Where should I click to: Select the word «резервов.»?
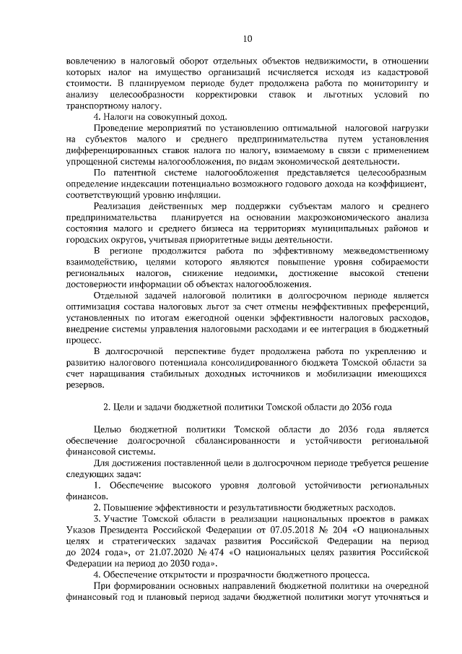[x=84, y=386]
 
